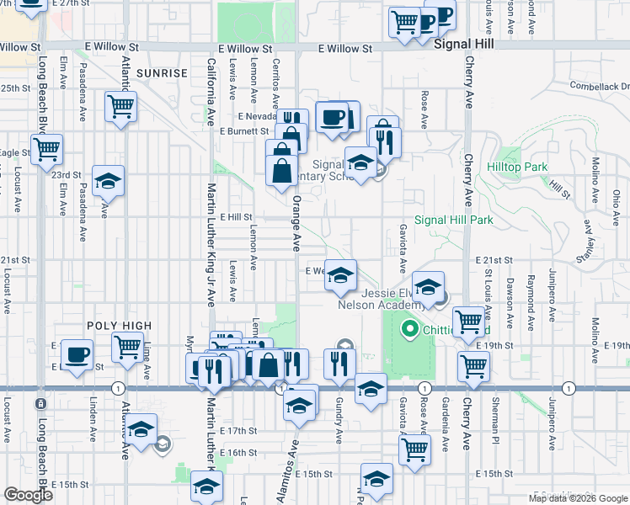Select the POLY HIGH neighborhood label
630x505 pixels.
(119, 326)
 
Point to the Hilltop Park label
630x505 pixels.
(517, 167)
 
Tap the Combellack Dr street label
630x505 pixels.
(599, 86)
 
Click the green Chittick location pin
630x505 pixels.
(411, 328)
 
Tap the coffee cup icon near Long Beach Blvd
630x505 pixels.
(77, 354)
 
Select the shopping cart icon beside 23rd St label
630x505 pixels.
(47, 149)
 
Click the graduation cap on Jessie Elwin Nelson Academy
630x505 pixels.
(428, 286)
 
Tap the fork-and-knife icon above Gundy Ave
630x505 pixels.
(338, 363)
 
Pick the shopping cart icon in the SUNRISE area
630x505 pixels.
(121, 107)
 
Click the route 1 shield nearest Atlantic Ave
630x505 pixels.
(116, 388)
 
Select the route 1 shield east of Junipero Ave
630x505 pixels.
(569, 388)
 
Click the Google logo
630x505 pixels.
(29, 495)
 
